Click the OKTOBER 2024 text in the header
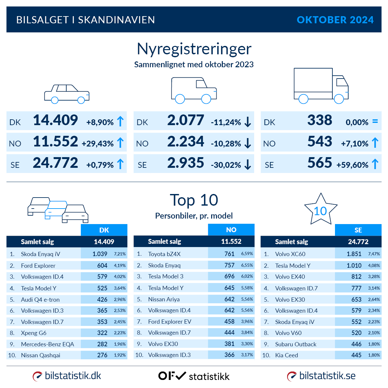[x=335, y=20]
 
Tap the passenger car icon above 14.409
[x=67, y=94]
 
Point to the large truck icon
[x=321, y=86]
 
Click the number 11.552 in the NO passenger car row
[x=55, y=142]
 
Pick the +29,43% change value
[x=98, y=144]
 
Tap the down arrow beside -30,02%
[x=248, y=165]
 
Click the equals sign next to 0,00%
[x=375, y=122]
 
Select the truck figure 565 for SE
[x=319, y=163]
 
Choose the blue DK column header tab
[x=104, y=230]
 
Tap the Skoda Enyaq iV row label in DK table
[x=40, y=254]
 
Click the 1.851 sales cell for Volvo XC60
[x=354, y=254]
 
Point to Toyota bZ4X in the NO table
[x=164, y=254]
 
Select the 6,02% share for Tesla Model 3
[x=247, y=276]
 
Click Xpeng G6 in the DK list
[x=34, y=333]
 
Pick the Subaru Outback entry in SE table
[x=296, y=344]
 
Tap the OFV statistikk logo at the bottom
[x=194, y=376]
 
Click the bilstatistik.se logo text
[x=327, y=376]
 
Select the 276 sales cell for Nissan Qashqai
[x=102, y=355]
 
